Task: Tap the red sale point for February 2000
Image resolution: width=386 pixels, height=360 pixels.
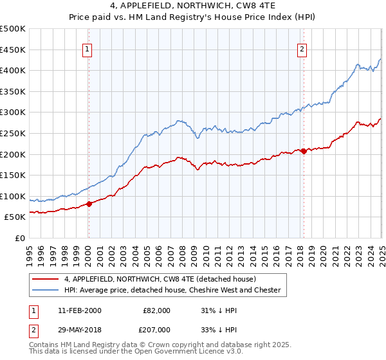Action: (x=89, y=204)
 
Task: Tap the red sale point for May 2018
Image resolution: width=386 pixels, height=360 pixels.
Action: (x=304, y=151)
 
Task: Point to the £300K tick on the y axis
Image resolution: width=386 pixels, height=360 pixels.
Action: (x=13, y=113)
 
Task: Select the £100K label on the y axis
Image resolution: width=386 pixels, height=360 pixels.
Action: (x=13, y=196)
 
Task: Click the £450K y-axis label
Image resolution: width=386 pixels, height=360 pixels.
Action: (x=13, y=50)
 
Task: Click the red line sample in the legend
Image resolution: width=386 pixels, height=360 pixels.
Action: (x=46, y=279)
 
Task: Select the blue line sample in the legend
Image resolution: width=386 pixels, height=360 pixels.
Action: (x=46, y=290)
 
